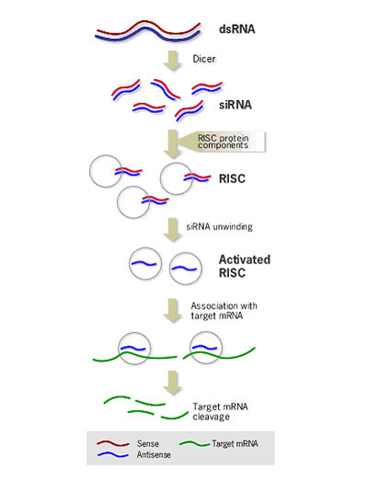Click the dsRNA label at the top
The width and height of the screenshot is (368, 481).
click(237, 29)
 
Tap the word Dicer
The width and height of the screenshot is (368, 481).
click(204, 59)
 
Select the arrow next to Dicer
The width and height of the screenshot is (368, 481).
click(173, 61)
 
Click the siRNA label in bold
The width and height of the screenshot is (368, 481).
click(236, 105)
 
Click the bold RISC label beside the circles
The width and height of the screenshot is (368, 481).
click(232, 178)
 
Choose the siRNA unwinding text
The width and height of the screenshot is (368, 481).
click(220, 226)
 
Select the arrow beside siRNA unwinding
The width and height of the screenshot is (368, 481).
click(173, 229)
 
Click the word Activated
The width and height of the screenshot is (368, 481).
click(245, 260)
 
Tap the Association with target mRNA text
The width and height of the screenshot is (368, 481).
click(224, 311)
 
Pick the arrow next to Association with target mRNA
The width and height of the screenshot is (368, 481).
click(173, 310)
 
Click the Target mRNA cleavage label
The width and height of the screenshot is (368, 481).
click(220, 412)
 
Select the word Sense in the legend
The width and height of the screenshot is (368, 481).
click(148, 443)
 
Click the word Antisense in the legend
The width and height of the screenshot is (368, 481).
click(154, 454)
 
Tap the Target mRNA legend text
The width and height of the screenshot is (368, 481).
click(235, 443)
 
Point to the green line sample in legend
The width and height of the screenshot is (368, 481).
click(195, 443)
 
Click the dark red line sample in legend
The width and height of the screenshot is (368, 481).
click(113, 443)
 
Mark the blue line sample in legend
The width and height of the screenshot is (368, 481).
click(113, 455)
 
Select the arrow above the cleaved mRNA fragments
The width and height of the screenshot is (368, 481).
click(173, 383)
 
